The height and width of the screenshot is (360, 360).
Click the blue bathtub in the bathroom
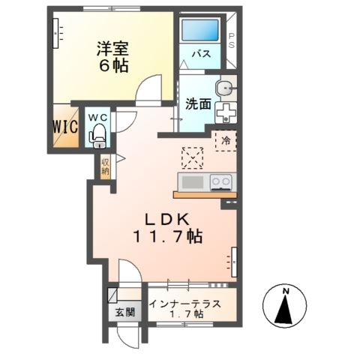(x=200, y=30)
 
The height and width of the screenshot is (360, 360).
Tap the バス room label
(x=201, y=54)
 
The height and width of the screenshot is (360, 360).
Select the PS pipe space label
(x=232, y=40)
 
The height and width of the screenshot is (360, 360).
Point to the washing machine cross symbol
(x=226, y=112)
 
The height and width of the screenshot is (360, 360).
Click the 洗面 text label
(x=198, y=104)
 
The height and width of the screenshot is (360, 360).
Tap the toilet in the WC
(x=97, y=137)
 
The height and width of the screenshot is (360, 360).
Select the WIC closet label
(x=65, y=127)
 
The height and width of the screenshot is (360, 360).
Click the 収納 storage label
(x=105, y=166)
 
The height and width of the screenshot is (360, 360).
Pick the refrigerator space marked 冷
(x=226, y=141)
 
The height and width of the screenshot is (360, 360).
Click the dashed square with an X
(x=192, y=158)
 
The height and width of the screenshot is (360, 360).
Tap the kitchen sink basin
(x=193, y=182)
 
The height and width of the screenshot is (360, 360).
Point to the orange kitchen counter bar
(x=205, y=195)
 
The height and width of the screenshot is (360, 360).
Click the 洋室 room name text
(x=113, y=49)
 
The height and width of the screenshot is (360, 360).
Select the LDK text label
(x=167, y=220)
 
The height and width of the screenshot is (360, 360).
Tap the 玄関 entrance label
(x=125, y=312)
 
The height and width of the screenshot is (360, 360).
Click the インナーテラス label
(x=184, y=304)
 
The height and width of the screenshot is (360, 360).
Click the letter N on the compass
(x=286, y=291)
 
